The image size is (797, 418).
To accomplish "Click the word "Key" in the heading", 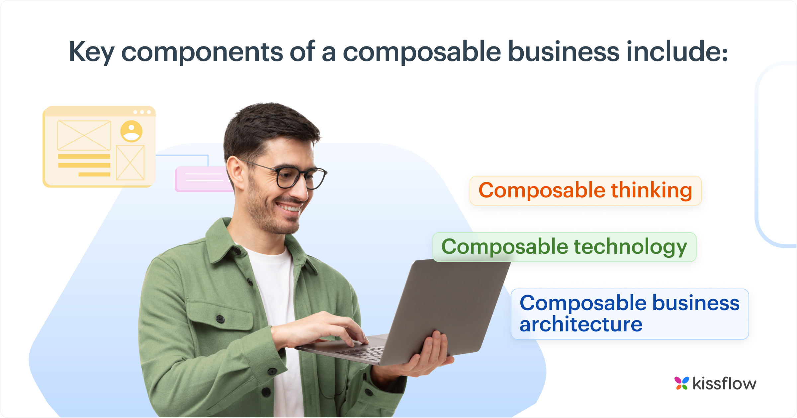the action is click(x=91, y=52).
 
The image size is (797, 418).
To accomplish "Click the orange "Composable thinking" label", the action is click(x=585, y=191).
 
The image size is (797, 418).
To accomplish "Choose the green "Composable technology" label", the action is click(x=564, y=247).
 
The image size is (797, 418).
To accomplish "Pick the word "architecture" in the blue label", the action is click(x=581, y=324).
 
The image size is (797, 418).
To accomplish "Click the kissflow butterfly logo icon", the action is click(x=681, y=383).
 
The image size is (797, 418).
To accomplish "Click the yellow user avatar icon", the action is click(x=132, y=131).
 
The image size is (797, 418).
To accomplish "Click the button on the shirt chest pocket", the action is click(x=220, y=319).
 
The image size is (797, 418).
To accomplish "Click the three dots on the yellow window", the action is click(x=142, y=112).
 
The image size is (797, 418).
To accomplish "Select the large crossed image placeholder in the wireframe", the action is click(x=84, y=135).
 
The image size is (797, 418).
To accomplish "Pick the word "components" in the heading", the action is click(x=202, y=52).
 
